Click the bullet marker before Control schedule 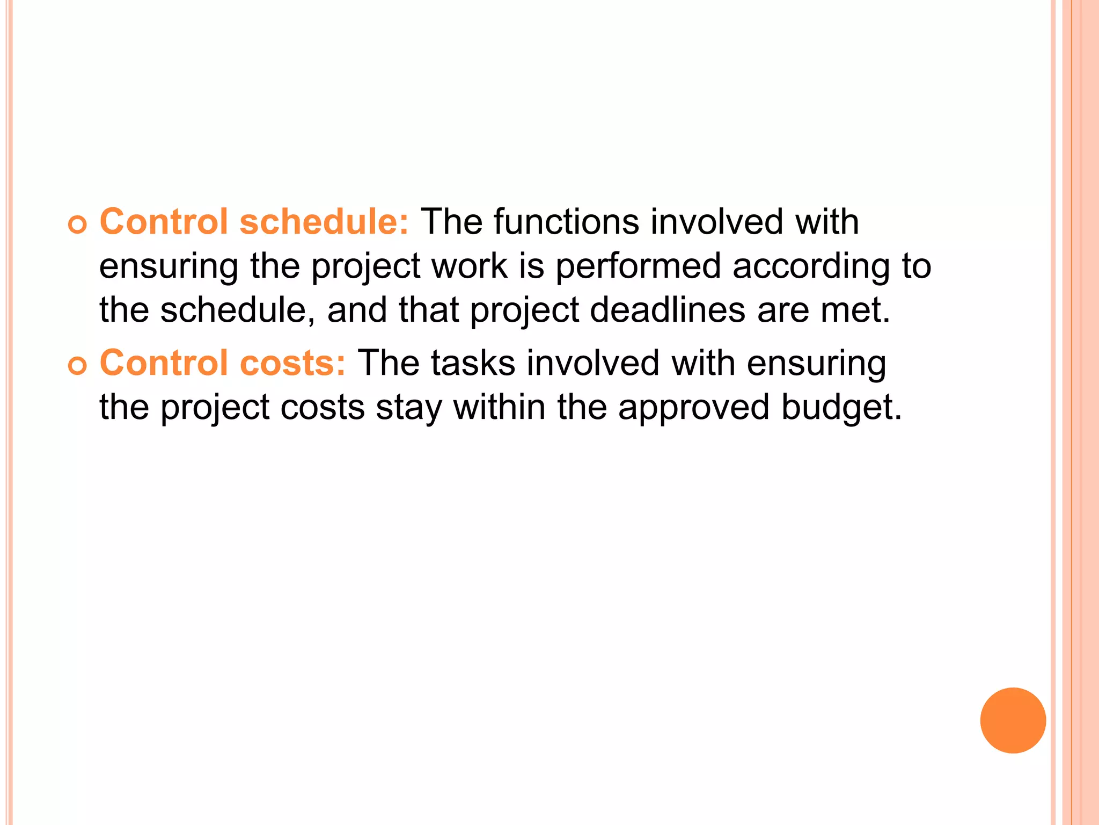(x=77, y=226)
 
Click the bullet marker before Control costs (x=77, y=367)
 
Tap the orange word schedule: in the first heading (x=324, y=221)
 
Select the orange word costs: (x=293, y=363)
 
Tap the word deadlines (x=668, y=310)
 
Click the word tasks (x=473, y=363)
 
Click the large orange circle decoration (x=1013, y=720)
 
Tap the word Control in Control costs (x=164, y=363)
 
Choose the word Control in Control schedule (x=164, y=221)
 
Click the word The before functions (x=451, y=221)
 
